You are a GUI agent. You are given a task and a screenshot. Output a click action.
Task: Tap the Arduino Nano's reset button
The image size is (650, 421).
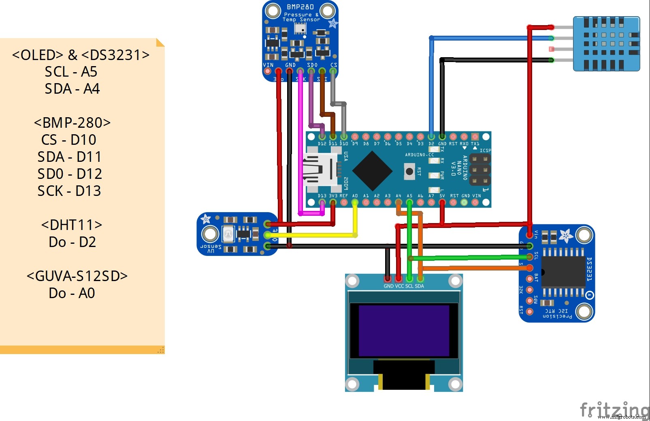[409, 172]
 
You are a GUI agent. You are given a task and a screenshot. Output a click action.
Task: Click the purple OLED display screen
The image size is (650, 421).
[404, 331]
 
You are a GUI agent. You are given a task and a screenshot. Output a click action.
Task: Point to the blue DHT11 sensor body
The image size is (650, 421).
[606, 44]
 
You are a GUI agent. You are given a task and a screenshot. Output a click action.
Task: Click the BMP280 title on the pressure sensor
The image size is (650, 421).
[300, 7]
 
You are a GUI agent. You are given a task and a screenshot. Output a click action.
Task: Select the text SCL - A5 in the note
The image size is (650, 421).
[71, 72]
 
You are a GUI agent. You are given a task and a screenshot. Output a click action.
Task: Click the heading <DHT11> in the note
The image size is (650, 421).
[72, 225]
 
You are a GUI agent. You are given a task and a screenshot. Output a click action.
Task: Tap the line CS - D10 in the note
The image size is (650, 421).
[69, 140]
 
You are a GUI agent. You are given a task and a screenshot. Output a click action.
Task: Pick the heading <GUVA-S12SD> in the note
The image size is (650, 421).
[77, 276]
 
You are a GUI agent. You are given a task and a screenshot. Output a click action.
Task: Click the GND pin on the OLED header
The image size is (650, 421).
[388, 279]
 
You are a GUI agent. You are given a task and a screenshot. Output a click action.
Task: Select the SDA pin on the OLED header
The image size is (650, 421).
[420, 279]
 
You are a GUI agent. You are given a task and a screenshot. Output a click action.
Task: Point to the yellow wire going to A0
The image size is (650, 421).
[312, 235]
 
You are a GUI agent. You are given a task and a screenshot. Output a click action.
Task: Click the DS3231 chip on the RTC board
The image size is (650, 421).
[563, 272]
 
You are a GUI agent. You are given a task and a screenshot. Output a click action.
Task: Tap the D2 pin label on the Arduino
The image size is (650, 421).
[431, 144]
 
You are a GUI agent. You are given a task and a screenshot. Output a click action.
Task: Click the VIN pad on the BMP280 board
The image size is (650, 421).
[267, 71]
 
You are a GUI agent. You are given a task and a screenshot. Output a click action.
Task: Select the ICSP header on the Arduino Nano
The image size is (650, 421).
[480, 169]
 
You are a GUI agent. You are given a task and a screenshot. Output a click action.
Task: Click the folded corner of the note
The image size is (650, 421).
[160, 42]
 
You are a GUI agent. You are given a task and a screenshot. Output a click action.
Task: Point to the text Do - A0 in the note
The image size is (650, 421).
[72, 293]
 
